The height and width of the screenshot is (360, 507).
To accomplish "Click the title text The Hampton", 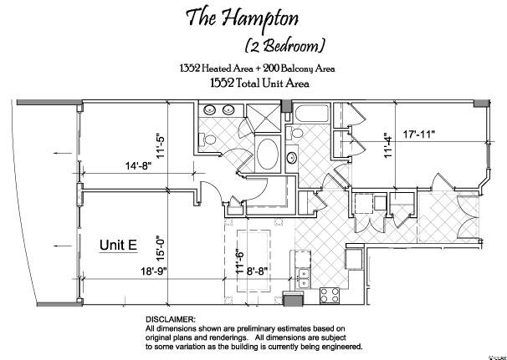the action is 242,18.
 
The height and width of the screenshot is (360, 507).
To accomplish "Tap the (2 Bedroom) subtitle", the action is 284,46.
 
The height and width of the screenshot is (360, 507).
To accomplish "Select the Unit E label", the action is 118,245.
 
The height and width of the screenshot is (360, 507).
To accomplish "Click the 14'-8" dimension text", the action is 138,165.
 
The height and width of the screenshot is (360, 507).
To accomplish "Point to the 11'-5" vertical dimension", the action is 161,145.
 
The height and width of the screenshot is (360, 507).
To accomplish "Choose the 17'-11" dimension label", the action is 418,134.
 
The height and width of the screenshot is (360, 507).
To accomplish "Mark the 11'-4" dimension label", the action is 388,145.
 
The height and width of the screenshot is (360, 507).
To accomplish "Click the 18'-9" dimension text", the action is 154,271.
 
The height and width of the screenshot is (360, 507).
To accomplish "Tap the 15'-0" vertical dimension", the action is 161,247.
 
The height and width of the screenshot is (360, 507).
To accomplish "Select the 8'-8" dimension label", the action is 258,271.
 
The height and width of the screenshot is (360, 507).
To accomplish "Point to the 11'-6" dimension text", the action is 239,261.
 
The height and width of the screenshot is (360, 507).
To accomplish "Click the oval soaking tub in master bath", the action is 268,154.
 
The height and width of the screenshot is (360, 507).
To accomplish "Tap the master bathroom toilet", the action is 207,139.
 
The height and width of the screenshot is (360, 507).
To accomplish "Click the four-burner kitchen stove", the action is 330,296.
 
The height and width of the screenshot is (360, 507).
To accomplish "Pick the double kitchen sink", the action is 304,278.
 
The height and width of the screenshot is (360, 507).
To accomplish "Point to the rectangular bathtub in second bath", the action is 310,114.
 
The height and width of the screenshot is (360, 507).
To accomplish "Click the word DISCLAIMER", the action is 171,320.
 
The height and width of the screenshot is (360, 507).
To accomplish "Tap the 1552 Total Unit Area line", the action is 259,84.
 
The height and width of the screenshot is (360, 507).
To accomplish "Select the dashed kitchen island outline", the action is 253,230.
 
